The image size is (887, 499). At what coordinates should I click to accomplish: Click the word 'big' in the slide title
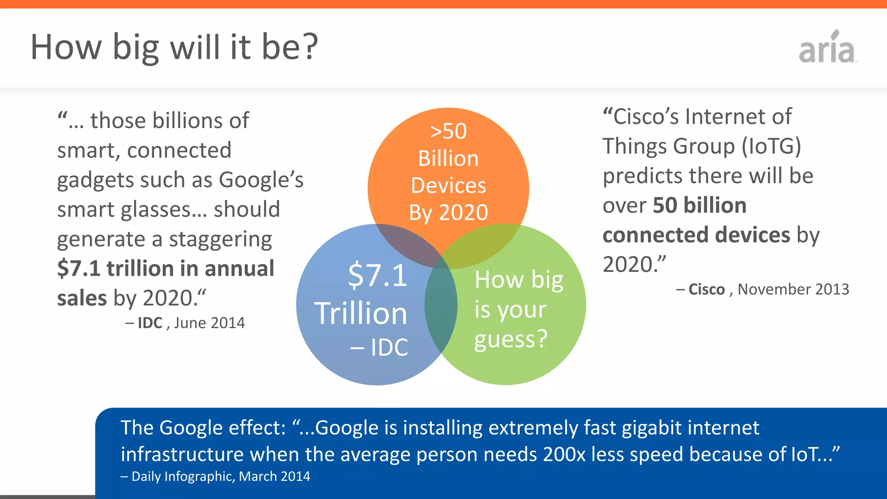[136, 48]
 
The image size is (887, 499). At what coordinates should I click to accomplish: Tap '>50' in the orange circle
[448, 131]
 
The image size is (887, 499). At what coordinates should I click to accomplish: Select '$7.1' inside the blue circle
[377, 275]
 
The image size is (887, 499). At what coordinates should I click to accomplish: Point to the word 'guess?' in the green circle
[511, 340]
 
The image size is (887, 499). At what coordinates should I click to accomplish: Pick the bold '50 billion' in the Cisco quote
[699, 205]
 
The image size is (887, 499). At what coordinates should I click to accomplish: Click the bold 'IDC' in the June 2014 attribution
[150, 323]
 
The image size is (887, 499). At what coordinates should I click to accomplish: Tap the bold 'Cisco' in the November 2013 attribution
[706, 289]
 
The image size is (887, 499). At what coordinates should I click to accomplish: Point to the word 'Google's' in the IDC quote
[261, 180]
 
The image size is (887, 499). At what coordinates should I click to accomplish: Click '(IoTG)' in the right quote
[771, 146]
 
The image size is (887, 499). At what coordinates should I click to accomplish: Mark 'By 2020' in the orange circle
[448, 213]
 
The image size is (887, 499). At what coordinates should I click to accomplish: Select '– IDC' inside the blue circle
[379, 347]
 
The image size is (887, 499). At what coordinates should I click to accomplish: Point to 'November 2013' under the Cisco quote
[793, 289]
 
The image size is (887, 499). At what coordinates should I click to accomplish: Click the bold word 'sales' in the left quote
[82, 298]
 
